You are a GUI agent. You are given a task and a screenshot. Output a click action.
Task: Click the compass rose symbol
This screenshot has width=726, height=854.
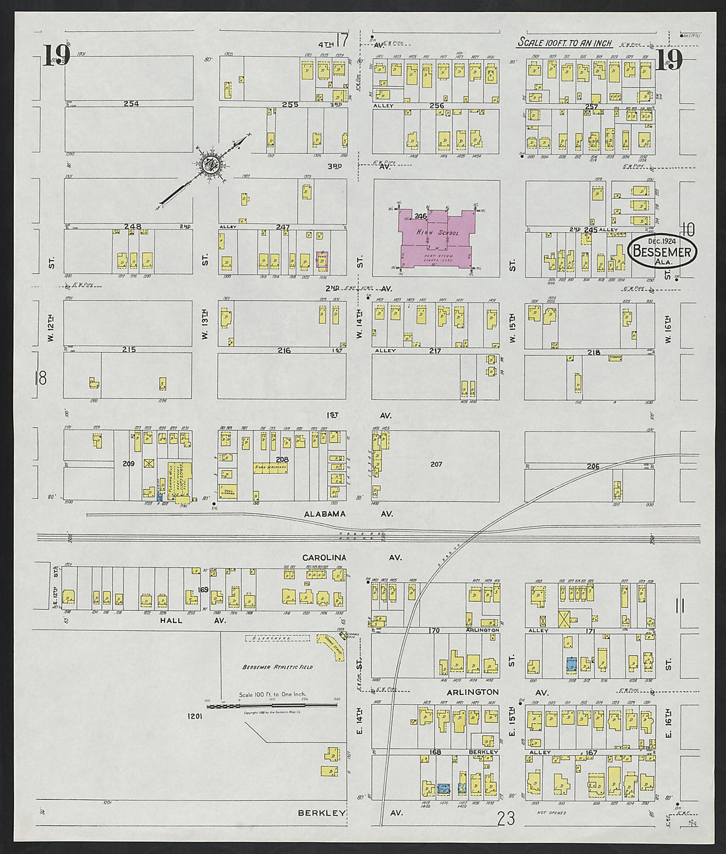(x=212, y=165)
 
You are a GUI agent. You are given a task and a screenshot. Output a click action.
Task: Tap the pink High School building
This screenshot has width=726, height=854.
(x=438, y=238)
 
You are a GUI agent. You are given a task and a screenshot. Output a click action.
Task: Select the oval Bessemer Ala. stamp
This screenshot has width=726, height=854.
(x=662, y=252)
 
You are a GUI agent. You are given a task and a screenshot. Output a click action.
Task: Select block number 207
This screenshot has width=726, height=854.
(x=436, y=464)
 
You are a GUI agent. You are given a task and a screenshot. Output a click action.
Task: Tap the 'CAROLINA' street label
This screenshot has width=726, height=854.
(x=324, y=558)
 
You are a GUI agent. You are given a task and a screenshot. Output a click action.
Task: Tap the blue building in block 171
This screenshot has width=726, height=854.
(x=572, y=664)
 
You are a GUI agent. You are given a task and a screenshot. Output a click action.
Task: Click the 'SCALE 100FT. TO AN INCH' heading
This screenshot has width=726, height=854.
(x=564, y=43)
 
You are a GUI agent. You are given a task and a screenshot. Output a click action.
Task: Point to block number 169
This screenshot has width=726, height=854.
(x=203, y=589)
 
